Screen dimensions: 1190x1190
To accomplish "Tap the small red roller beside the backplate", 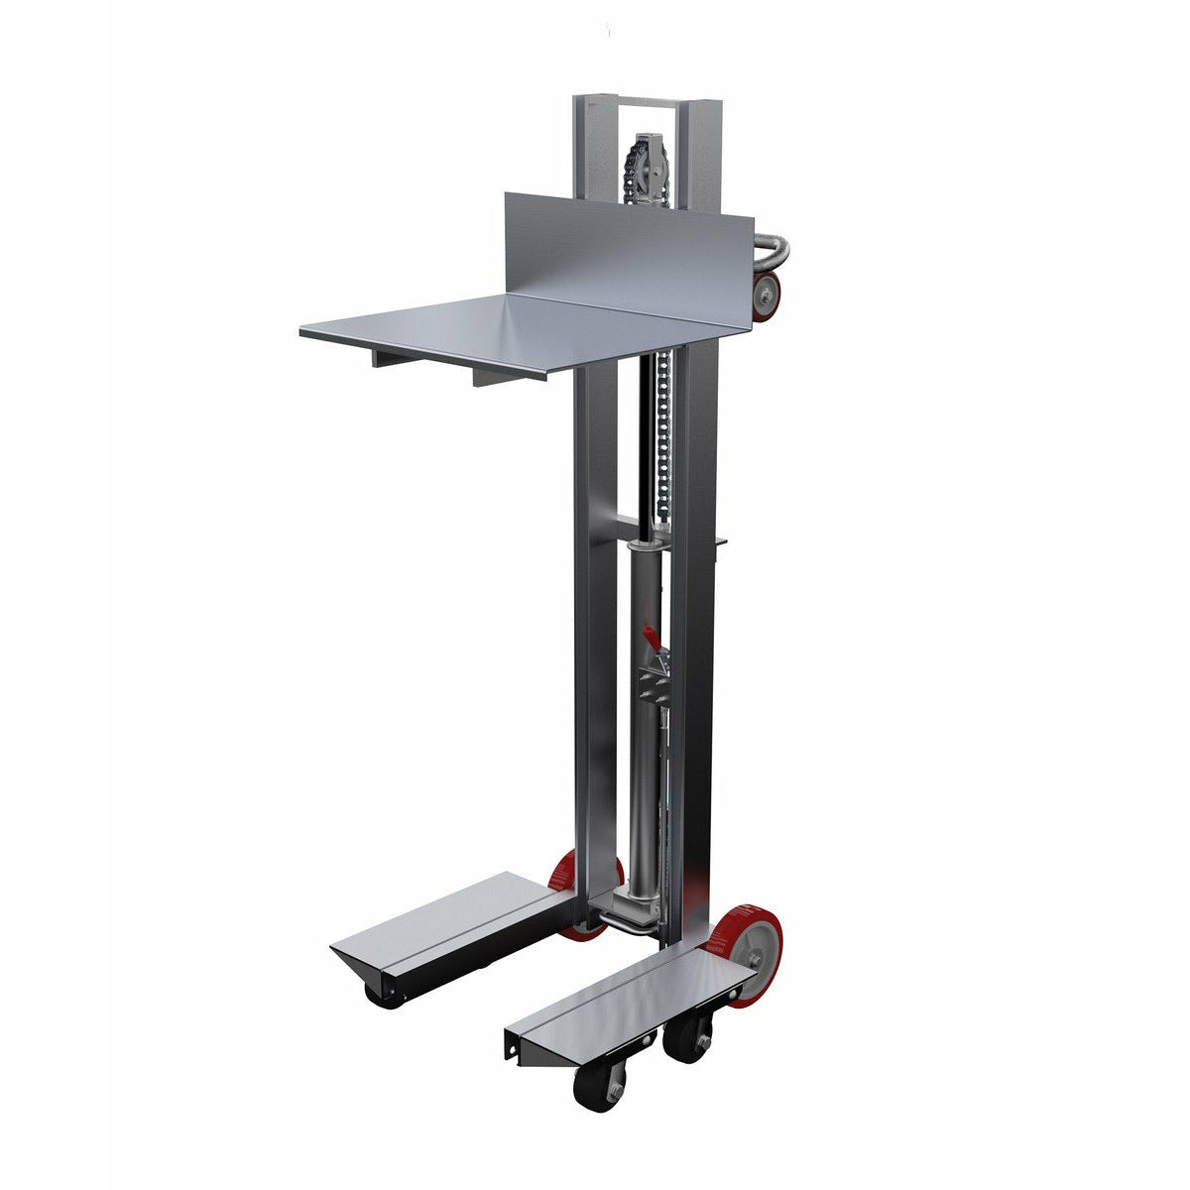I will click(767, 297).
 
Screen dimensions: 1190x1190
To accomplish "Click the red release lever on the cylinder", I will click(647, 631).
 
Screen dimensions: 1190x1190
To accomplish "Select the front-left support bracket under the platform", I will click(397, 357).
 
